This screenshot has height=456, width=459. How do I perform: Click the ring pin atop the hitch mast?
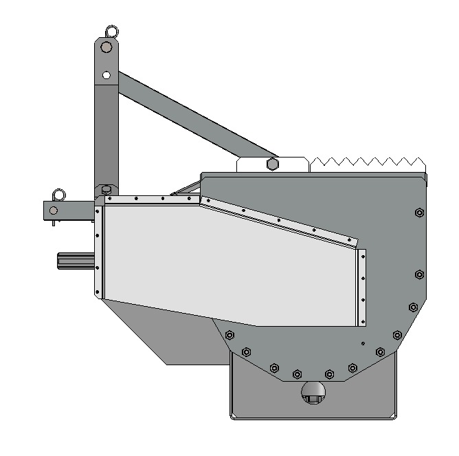[110, 31]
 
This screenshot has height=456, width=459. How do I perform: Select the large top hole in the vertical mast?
[106, 47]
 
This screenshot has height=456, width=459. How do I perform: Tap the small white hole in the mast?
[106, 74]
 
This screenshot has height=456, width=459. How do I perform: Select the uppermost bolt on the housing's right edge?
[419, 213]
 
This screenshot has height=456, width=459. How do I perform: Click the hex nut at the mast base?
[106, 189]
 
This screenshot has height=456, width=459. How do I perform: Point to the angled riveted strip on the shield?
[278, 220]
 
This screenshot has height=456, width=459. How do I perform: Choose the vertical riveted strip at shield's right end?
[362, 287]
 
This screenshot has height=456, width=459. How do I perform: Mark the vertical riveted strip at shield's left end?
[98, 251]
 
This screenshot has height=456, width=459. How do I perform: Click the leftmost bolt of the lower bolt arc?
[229, 335]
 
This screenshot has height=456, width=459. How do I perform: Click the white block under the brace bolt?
[271, 166]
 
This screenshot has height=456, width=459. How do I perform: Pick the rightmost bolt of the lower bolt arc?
[397, 335]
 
